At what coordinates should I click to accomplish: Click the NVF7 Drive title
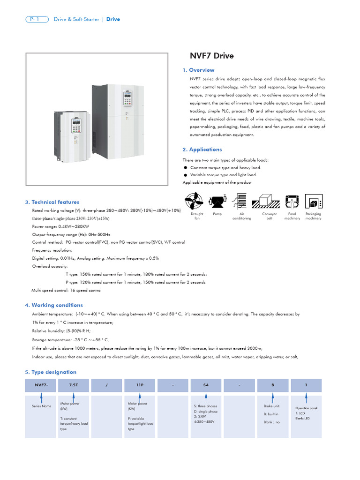click(x=211, y=56)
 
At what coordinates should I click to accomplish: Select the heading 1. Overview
click(x=198, y=70)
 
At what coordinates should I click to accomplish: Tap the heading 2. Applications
click(x=202, y=150)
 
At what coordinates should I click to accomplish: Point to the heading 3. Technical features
click(x=52, y=202)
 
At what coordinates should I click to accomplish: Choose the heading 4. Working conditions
click(x=54, y=305)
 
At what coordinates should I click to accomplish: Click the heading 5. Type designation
click(x=51, y=372)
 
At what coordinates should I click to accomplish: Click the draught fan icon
click(x=196, y=201)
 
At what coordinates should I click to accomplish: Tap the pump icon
click(x=217, y=201)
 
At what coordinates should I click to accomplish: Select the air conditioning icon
click(x=242, y=201)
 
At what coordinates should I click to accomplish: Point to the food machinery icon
click(x=292, y=201)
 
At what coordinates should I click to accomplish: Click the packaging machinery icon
click(x=313, y=201)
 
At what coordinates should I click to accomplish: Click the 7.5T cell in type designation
click(x=74, y=385)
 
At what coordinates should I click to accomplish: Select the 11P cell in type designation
click(x=140, y=385)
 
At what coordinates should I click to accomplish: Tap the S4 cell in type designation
click(x=206, y=385)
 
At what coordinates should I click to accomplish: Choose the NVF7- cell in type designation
click(x=41, y=385)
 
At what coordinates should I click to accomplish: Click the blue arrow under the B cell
click(x=273, y=397)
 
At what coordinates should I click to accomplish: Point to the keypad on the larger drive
click(x=127, y=98)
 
